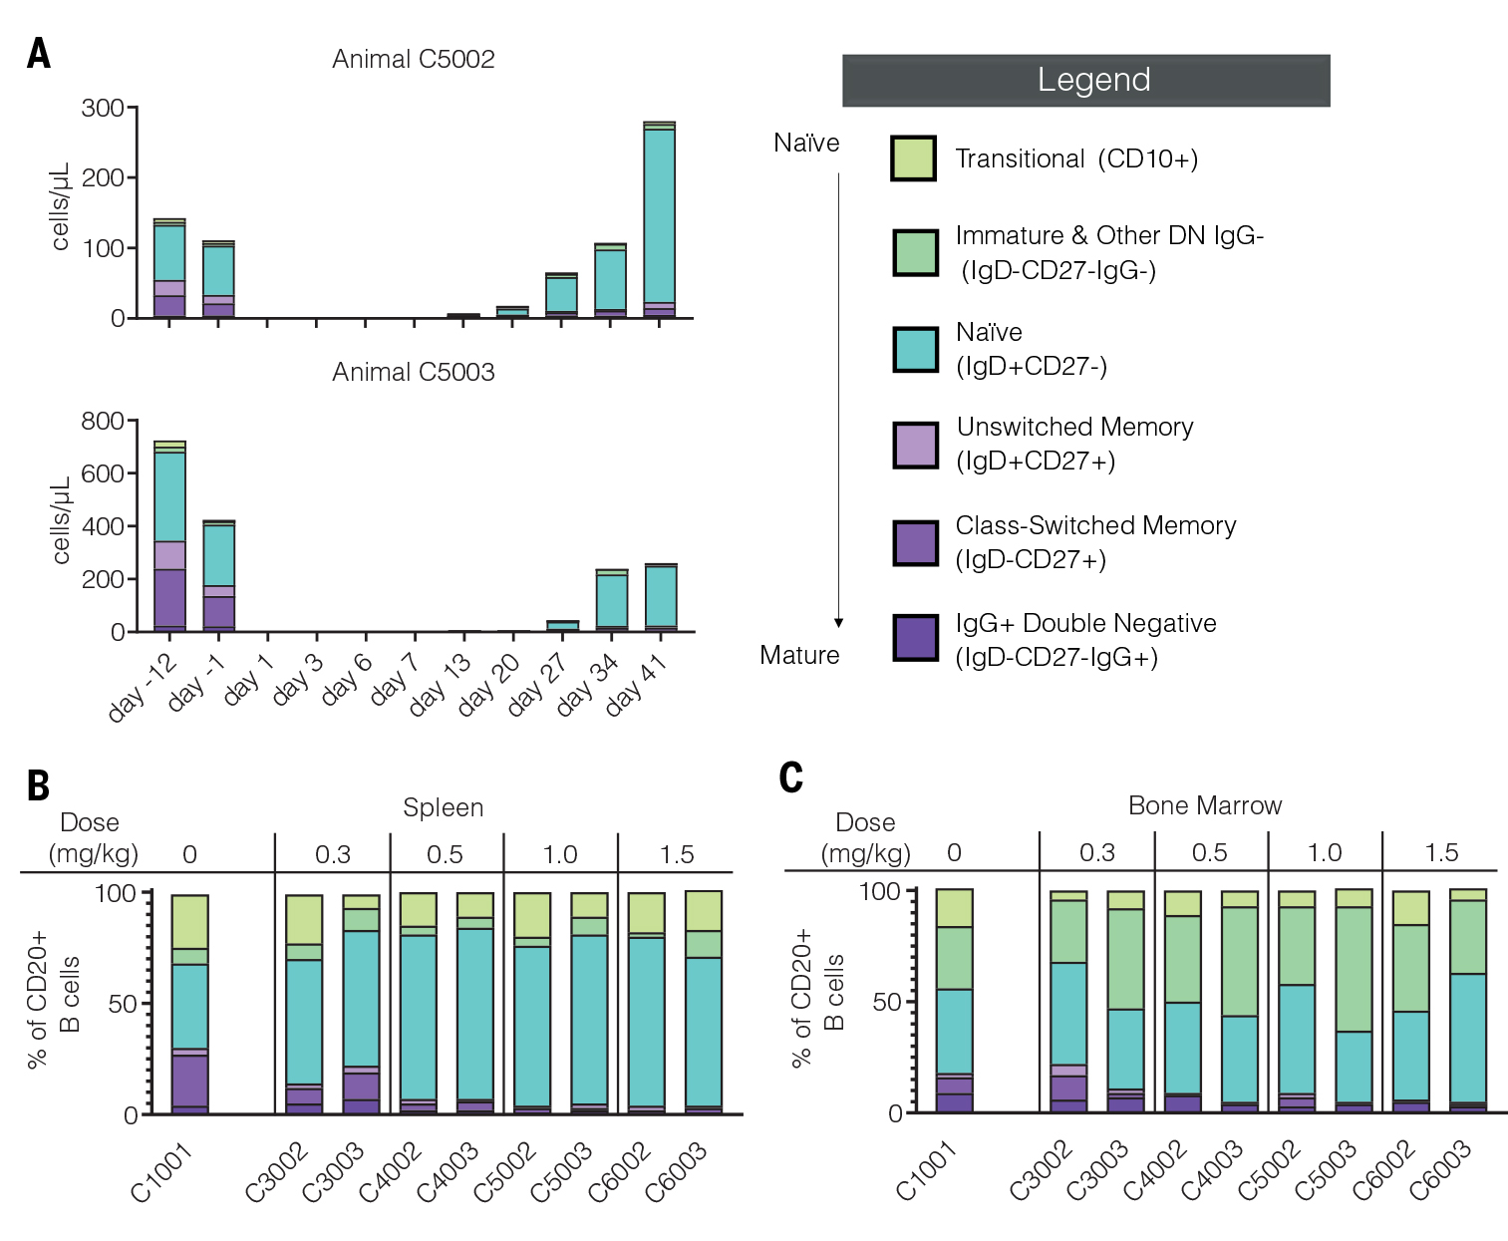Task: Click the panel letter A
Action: click(x=39, y=54)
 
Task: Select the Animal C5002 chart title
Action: click(x=413, y=59)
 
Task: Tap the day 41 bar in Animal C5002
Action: click(x=659, y=219)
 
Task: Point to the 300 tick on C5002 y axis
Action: click(x=103, y=108)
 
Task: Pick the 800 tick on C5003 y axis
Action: click(x=103, y=421)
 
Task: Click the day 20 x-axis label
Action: click(x=489, y=685)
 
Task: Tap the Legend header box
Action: click(x=1085, y=81)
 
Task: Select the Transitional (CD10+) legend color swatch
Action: click(x=913, y=158)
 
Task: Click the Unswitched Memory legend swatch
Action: click(x=914, y=445)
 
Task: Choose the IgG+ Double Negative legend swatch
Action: click(x=914, y=638)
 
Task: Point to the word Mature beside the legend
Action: click(x=799, y=655)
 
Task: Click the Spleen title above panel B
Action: click(x=443, y=807)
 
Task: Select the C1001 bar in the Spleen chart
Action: click(x=189, y=1004)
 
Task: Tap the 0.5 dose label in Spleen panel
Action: click(x=445, y=854)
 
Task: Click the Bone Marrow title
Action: click(x=1204, y=805)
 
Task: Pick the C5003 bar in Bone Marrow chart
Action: click(x=1354, y=1001)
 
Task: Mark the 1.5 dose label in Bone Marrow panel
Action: click(x=1441, y=852)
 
